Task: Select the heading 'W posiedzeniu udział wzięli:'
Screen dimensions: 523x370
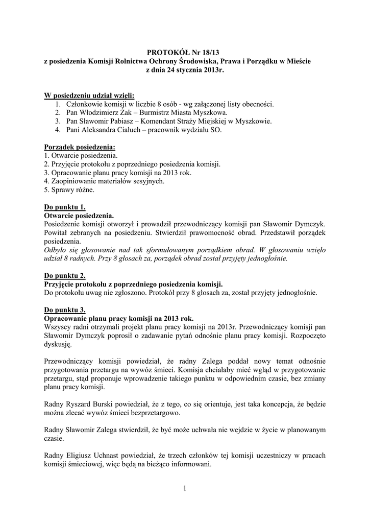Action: click(x=89, y=95)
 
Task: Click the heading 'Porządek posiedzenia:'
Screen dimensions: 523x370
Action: click(x=80, y=147)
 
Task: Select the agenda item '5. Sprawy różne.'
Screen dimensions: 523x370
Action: click(x=69, y=190)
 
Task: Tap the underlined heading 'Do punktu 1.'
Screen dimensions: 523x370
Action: click(x=65, y=207)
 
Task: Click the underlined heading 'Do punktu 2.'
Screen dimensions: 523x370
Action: click(x=65, y=276)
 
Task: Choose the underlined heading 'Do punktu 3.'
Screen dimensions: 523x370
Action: click(x=65, y=310)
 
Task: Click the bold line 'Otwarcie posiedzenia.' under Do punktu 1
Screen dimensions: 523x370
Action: click(x=79, y=216)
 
